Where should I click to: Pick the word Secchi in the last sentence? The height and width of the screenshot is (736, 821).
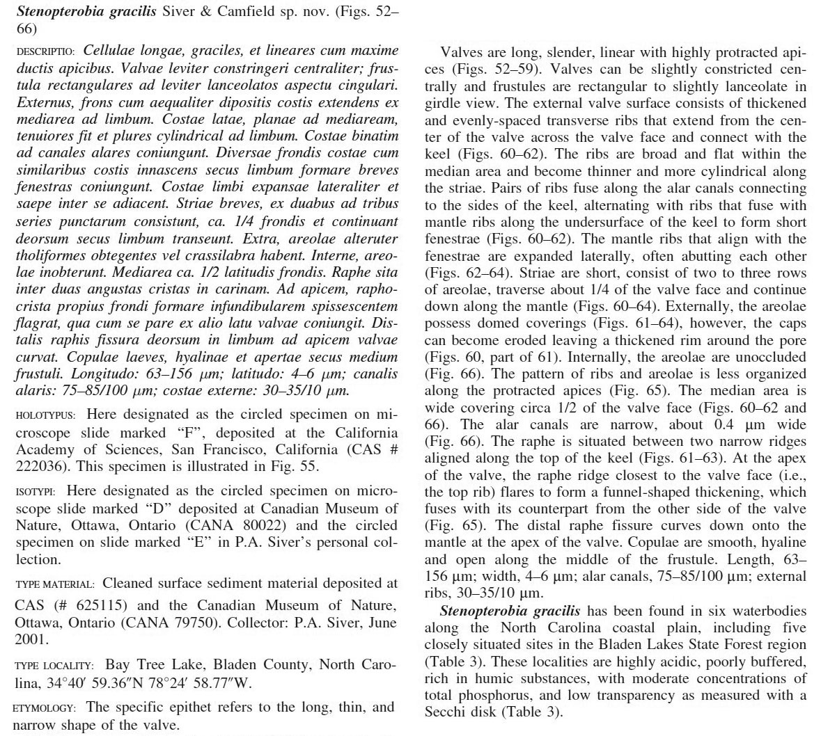tap(446, 712)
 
